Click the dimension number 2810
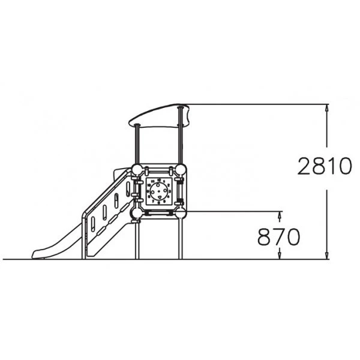point(325,166)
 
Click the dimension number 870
point(279,237)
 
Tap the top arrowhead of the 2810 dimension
point(327,108)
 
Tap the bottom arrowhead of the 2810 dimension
point(327,256)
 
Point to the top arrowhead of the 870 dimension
point(280,215)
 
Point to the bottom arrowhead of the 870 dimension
point(280,256)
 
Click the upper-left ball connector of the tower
point(137,170)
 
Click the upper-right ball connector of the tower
point(181,169)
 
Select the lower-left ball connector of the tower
point(137,213)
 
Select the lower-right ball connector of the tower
point(181,213)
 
